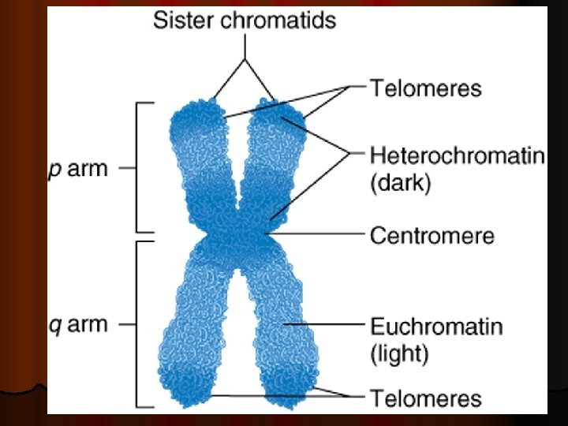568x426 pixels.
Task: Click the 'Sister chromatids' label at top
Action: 244,19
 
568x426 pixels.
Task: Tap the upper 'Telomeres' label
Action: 426,87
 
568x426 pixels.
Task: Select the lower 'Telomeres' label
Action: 426,398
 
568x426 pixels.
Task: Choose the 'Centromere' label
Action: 432,235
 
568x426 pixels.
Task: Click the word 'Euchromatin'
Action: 436,325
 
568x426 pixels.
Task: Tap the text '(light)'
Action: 399,354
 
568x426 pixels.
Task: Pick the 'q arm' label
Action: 77,324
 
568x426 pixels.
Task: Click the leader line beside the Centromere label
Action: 316,234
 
